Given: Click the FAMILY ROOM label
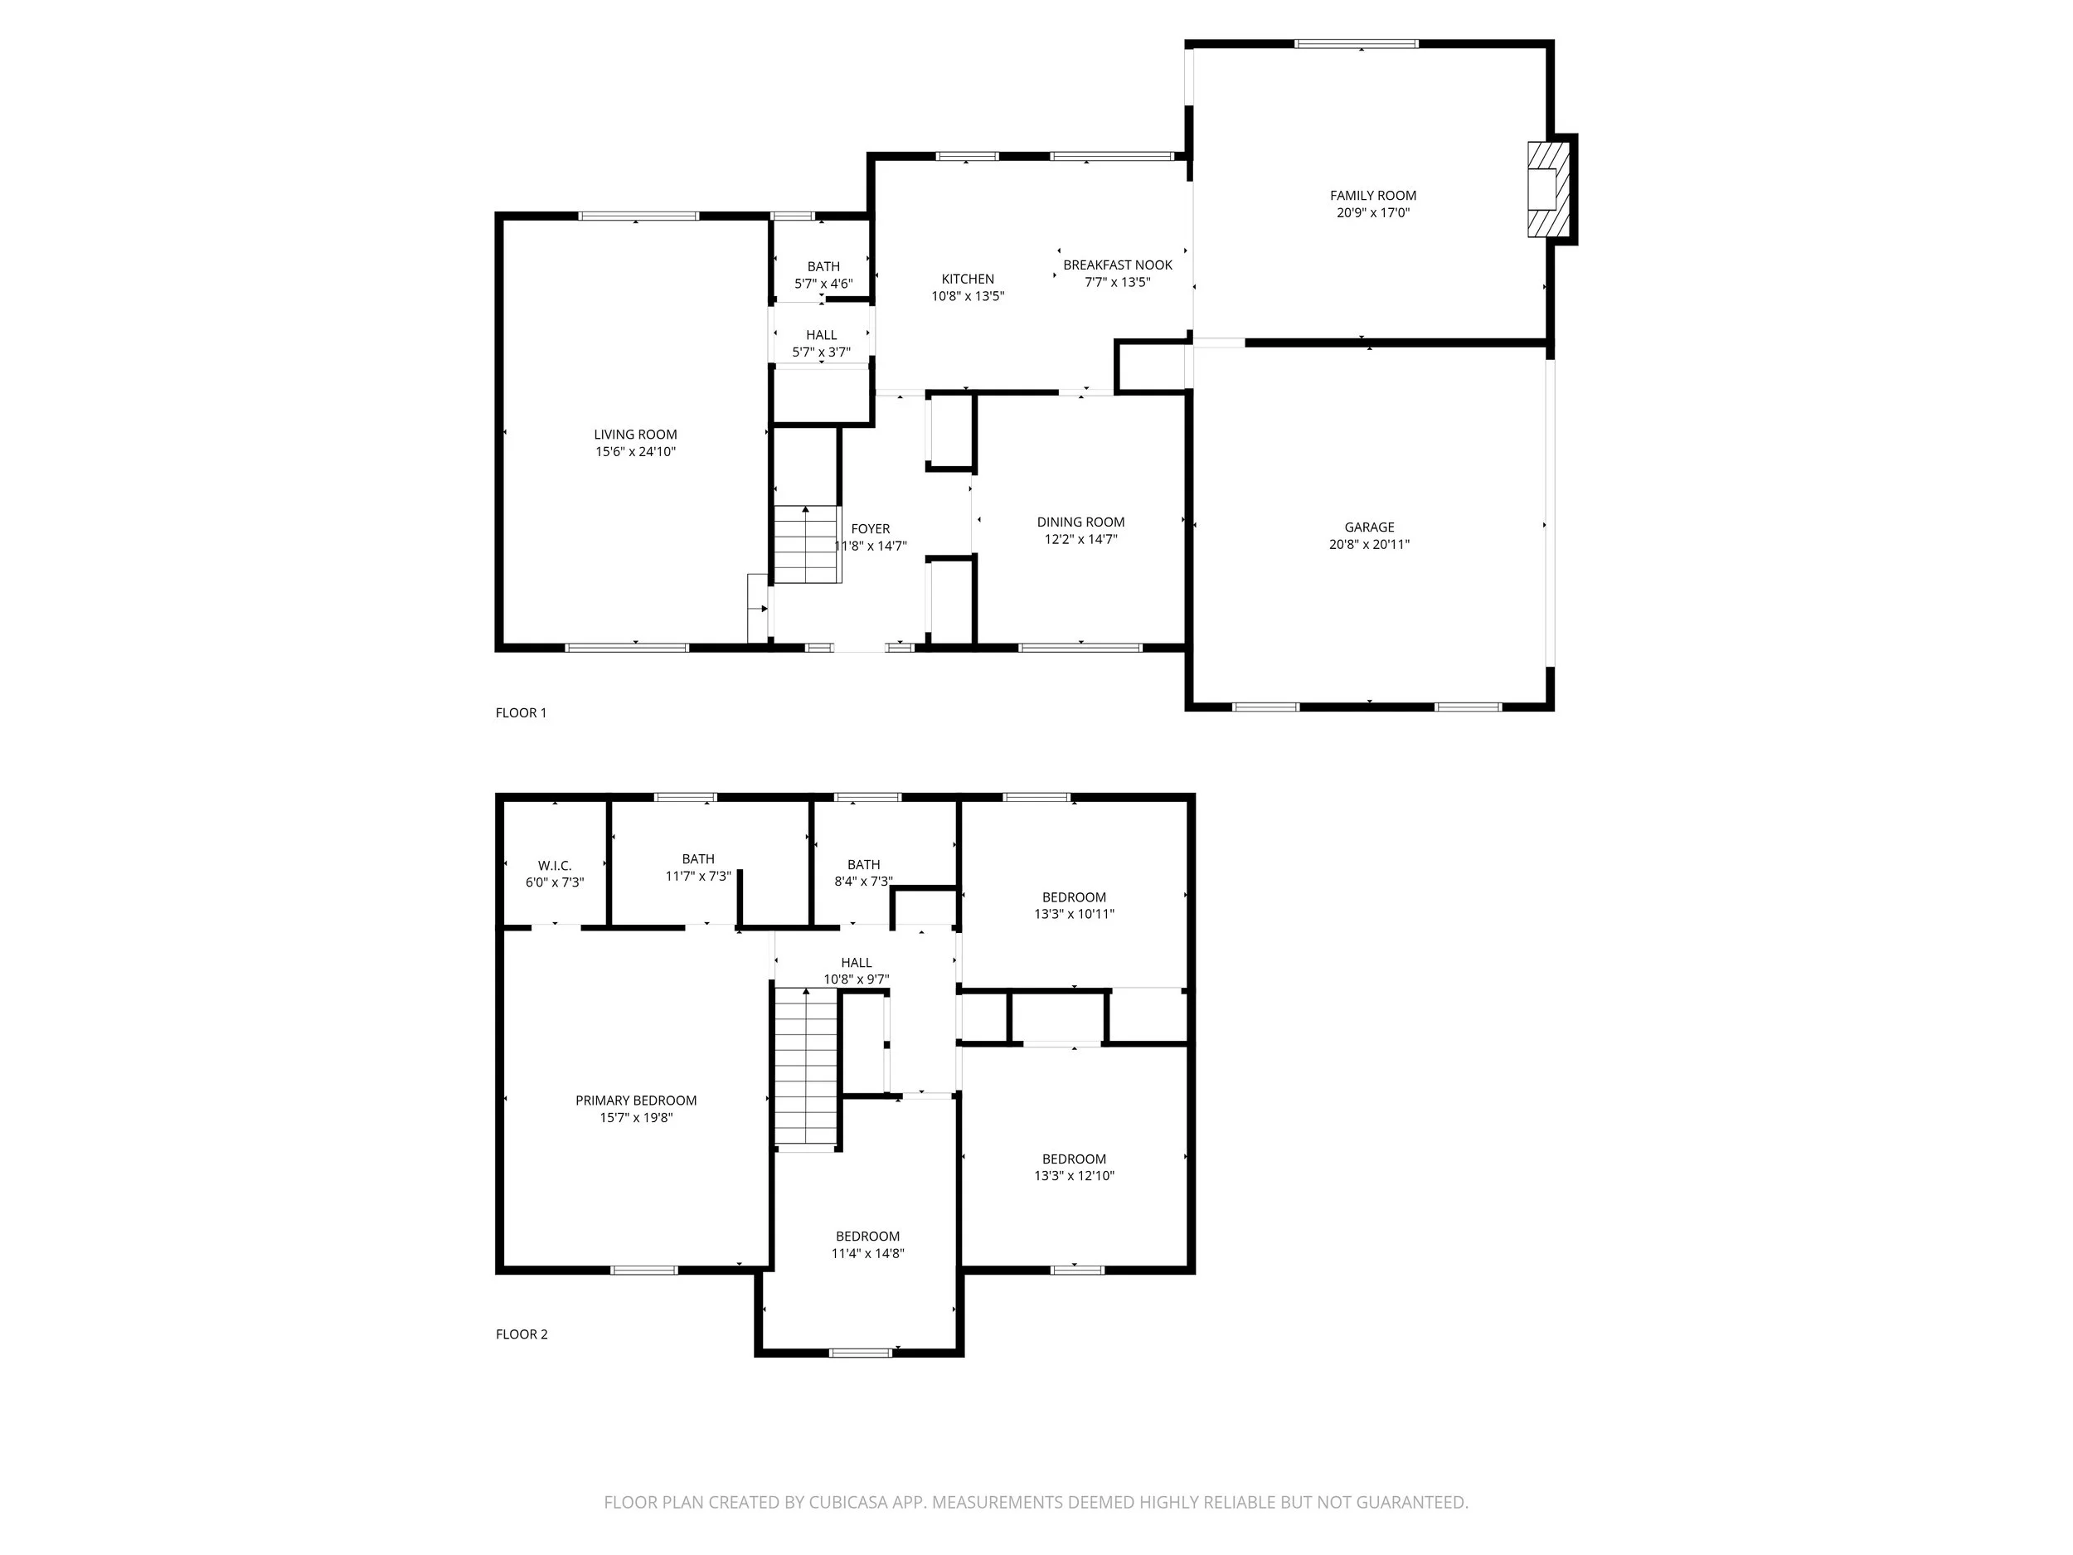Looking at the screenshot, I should click(x=1372, y=195).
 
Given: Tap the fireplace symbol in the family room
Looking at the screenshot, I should click(x=1547, y=189).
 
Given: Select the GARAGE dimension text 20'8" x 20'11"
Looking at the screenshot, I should click(x=1368, y=544).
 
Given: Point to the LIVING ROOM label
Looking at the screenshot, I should click(x=634, y=434).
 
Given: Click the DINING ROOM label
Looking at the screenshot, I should click(x=1080, y=522).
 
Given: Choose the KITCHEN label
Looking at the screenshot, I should click(x=967, y=279).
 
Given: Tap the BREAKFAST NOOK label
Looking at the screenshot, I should click(x=1117, y=265).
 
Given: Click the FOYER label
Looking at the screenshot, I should click(x=870, y=528).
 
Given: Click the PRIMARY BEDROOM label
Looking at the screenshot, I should click(x=635, y=1101).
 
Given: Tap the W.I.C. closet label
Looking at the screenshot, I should click(x=554, y=865).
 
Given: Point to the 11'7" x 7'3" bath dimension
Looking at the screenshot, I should click(x=697, y=877).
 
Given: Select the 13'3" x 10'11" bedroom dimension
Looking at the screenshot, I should click(x=1074, y=914).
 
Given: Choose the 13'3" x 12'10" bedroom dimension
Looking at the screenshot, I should click(x=1074, y=1175).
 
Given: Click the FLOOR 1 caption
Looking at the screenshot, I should click(x=520, y=712).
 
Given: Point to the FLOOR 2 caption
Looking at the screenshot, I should click(x=521, y=1334).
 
